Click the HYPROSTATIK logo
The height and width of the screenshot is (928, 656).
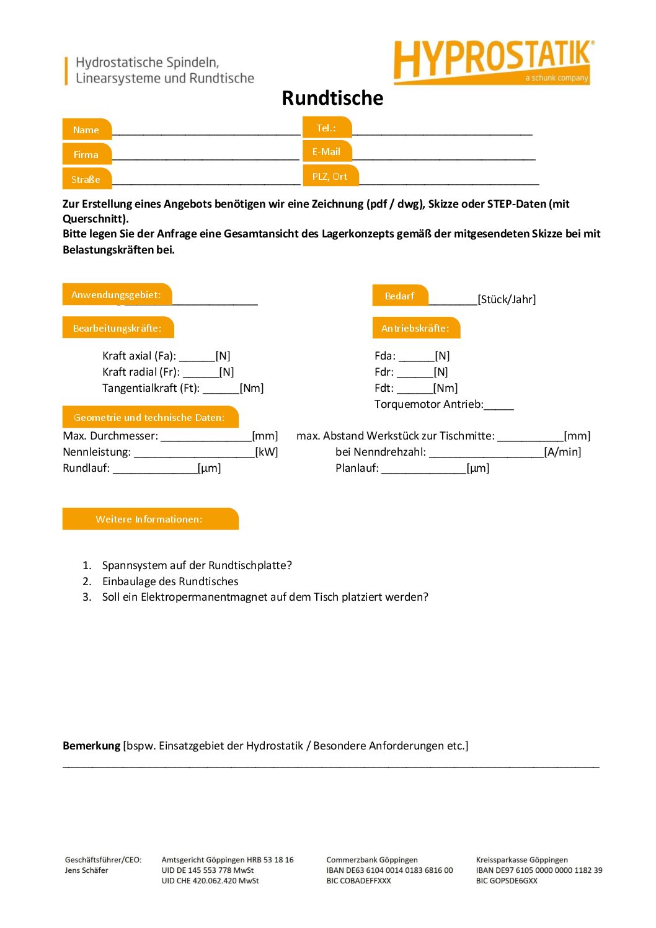(x=493, y=61)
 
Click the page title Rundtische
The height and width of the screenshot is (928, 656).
(x=332, y=98)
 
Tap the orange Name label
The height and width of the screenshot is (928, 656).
(x=86, y=130)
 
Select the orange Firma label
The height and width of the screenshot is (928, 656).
(x=86, y=154)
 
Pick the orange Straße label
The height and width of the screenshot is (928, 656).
(x=86, y=179)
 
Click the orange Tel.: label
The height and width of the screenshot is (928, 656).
(x=326, y=128)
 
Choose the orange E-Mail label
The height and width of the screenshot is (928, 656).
(x=326, y=151)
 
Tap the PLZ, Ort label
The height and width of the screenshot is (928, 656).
(x=330, y=176)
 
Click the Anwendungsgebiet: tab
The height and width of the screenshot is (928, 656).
(x=116, y=294)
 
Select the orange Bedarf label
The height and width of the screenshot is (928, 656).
(x=399, y=296)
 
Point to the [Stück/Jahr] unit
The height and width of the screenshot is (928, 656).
(x=507, y=299)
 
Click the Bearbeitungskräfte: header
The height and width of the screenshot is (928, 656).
(x=117, y=328)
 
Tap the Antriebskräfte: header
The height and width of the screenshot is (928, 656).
(x=415, y=328)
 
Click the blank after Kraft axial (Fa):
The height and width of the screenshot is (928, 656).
(x=197, y=356)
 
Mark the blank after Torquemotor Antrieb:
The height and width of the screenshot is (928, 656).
(x=499, y=405)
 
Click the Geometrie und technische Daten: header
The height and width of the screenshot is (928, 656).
(x=149, y=417)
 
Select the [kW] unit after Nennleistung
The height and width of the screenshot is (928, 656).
(x=267, y=452)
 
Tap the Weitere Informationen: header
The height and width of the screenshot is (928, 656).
(x=149, y=519)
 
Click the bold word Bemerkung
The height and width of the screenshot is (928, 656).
(x=91, y=745)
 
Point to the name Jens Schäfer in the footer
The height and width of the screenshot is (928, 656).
(x=86, y=870)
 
